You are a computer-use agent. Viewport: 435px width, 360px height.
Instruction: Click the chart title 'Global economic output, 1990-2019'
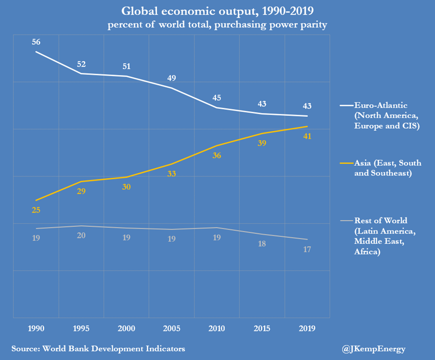217,11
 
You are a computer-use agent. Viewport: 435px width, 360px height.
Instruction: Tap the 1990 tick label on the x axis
36,328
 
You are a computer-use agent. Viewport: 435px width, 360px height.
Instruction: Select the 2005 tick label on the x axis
171,328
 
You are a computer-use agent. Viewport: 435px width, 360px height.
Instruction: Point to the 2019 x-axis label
307,328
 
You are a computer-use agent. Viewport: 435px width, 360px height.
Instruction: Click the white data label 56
36,41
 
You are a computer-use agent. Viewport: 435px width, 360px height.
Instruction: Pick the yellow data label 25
36,210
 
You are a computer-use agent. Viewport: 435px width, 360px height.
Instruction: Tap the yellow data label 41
307,136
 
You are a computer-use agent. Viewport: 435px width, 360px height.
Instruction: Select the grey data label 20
81,236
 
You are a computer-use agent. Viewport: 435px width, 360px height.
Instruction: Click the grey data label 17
307,249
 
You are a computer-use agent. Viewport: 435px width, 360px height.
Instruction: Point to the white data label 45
216,97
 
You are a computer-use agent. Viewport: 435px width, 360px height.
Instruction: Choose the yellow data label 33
171,174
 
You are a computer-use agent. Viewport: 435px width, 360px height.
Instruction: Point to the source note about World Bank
98,348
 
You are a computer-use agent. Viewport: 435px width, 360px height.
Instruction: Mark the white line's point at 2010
216,107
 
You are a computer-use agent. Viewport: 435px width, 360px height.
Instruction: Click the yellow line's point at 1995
81,181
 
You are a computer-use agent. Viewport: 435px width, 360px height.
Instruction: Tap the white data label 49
171,78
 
